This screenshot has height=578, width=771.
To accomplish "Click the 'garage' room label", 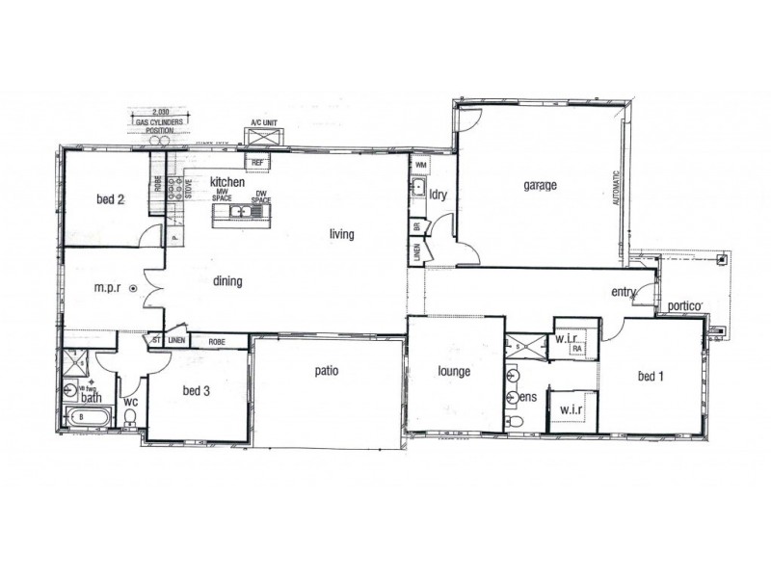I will pos(541,186).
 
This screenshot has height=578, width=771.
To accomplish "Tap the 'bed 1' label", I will pos(649,377).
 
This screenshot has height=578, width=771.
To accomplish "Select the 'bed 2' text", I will pos(111,200).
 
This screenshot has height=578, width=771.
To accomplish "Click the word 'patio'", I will pos(327,370).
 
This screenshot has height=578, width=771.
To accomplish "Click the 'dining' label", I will pos(227,281).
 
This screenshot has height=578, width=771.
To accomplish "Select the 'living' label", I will pos(341,233).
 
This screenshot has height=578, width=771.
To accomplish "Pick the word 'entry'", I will pos(625,293).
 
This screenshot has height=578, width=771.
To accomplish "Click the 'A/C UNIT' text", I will pos(263,123).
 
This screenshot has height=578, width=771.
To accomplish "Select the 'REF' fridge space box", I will pos(258,163).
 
